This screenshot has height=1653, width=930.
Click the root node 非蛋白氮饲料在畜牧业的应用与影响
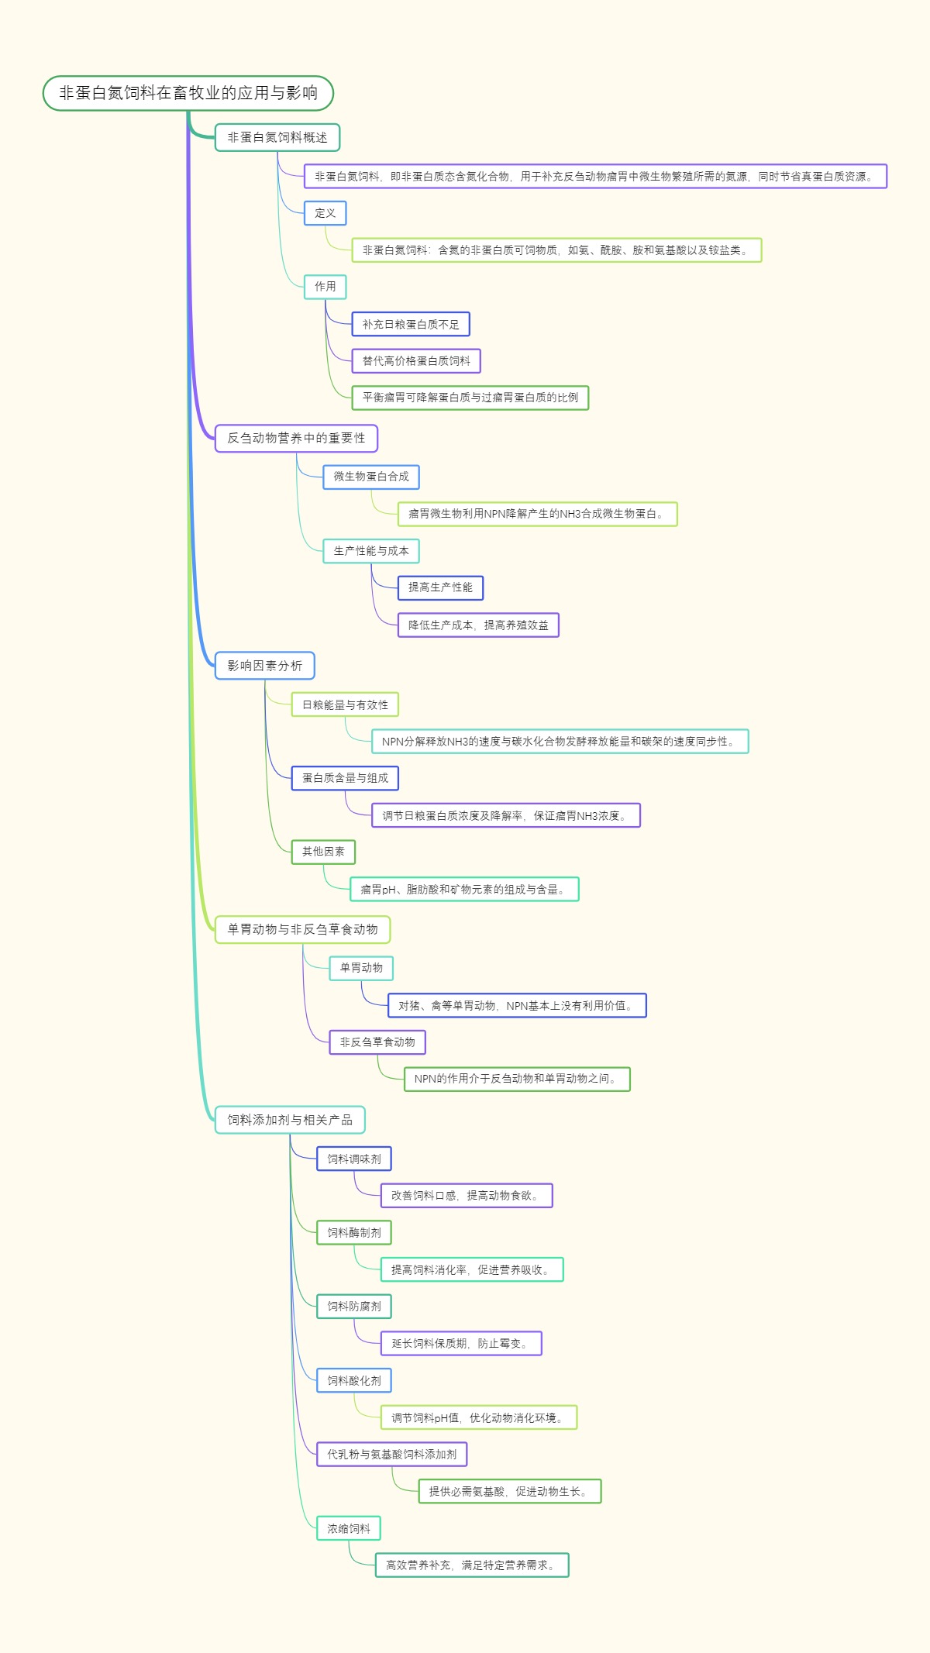(x=188, y=93)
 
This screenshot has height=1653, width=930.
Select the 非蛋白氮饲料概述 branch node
(x=277, y=137)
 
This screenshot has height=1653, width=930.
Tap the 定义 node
(x=325, y=213)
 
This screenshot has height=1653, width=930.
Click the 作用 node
(x=325, y=287)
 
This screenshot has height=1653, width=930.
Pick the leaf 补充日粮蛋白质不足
(x=410, y=324)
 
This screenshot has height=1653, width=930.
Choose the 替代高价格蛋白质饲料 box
(x=415, y=360)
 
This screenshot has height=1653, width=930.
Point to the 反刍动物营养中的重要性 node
(x=295, y=438)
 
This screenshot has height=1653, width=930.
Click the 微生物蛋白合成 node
(x=370, y=477)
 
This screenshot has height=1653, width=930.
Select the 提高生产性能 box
(x=439, y=587)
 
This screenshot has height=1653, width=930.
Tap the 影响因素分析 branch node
(x=264, y=666)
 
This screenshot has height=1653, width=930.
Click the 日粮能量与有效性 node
(x=345, y=704)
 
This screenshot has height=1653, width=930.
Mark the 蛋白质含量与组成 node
(x=345, y=778)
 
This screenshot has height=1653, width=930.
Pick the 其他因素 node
(x=323, y=852)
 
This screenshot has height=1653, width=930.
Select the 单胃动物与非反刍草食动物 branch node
(x=302, y=929)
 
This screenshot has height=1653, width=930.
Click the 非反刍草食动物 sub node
(x=377, y=1042)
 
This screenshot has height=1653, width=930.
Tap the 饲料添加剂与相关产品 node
(x=289, y=1120)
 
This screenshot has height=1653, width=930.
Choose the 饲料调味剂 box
(x=353, y=1159)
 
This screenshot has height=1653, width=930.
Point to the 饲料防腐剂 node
(x=353, y=1307)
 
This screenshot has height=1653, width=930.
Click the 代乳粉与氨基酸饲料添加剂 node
(x=391, y=1455)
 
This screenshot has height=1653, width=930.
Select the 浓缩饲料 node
(x=348, y=1528)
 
